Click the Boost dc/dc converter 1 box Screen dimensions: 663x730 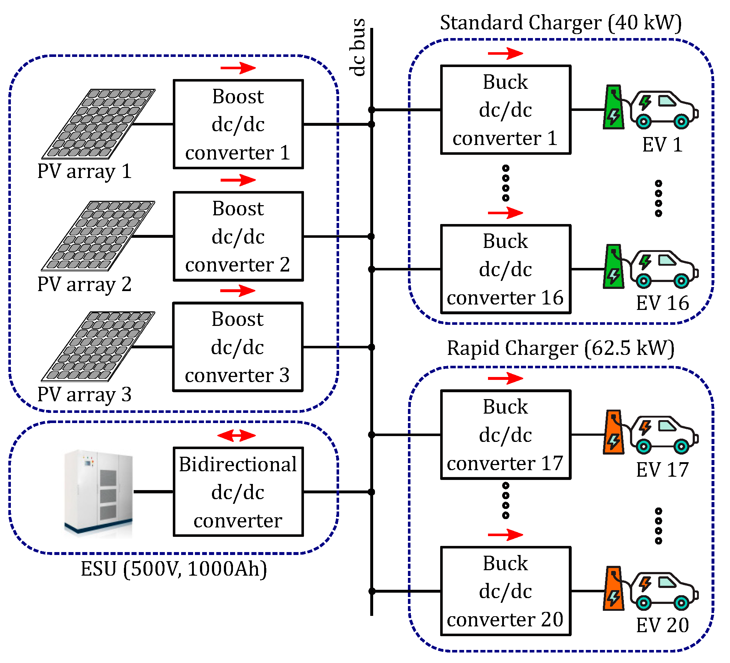[238, 124]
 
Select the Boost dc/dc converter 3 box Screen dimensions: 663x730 [238, 347]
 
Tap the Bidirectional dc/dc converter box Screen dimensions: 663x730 [238, 492]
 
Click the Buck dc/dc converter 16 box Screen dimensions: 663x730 [505, 269]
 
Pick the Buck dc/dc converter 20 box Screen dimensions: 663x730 [505, 591]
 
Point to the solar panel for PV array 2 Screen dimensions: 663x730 [98, 236]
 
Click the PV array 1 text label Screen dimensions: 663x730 [84, 171]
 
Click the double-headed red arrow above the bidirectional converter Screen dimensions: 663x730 [237, 435]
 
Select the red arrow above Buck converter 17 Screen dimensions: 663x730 [505, 378]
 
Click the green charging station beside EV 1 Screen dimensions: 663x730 [613, 107]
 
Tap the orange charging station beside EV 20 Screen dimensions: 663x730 [613, 589]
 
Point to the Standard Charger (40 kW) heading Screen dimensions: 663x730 [560, 22]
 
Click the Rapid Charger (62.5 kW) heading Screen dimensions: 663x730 [560, 348]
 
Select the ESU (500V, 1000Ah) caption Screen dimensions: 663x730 [174, 568]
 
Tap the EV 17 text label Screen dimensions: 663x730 [662, 470]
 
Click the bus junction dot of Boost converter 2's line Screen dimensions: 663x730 [371, 236]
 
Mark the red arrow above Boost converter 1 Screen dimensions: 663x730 [238, 68]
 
